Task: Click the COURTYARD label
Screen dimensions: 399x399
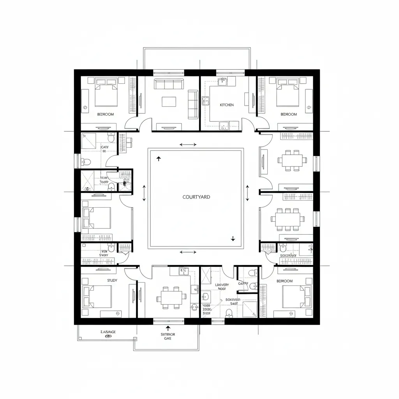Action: [x=196, y=197]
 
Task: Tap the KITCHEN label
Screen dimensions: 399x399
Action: [x=227, y=105]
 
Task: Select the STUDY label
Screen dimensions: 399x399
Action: [x=112, y=280]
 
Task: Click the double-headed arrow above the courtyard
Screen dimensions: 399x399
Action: [x=188, y=145]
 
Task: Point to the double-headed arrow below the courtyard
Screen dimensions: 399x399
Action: [x=188, y=252]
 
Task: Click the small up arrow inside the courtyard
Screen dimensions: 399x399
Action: [x=159, y=159]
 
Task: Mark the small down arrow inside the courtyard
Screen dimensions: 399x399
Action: [x=233, y=238]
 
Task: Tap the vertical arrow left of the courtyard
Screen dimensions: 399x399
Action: [x=144, y=193]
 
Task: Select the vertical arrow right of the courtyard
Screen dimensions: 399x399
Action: [x=247, y=193]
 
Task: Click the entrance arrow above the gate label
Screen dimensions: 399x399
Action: [x=168, y=328]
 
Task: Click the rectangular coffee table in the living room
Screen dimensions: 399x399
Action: [x=169, y=102]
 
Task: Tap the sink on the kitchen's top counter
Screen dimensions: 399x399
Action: [x=223, y=81]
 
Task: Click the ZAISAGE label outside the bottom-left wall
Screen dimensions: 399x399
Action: [x=108, y=332]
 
